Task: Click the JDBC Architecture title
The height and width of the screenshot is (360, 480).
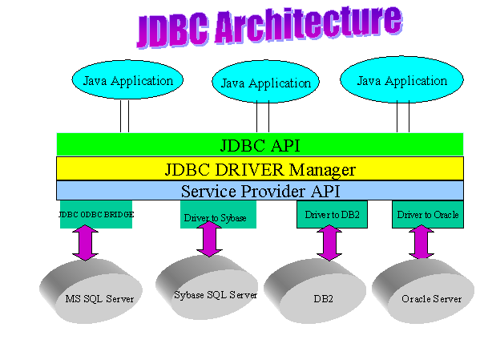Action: click(x=269, y=27)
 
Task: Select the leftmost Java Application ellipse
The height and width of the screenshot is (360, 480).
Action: click(x=127, y=79)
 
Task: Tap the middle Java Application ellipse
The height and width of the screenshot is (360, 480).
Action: click(x=266, y=82)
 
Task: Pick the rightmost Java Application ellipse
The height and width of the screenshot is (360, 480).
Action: click(x=401, y=79)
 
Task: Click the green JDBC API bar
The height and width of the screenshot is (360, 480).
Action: click(x=260, y=144)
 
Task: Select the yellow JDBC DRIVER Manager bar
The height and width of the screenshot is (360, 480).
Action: click(x=260, y=168)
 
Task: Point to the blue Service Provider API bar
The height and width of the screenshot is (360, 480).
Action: click(x=260, y=190)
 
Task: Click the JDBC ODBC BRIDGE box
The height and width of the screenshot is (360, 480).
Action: click(x=96, y=214)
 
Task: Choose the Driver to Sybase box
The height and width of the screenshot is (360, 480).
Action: click(x=218, y=214)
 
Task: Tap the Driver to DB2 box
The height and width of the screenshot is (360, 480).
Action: click(x=332, y=214)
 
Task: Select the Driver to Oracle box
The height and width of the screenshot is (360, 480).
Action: click(x=428, y=214)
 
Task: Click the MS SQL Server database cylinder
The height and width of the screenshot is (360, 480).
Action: click(x=91, y=291)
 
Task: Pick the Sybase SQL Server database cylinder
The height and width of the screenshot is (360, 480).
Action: click(x=207, y=287)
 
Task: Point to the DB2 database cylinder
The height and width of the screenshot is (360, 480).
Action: click(x=315, y=291)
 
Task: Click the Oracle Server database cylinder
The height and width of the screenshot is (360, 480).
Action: click(x=423, y=291)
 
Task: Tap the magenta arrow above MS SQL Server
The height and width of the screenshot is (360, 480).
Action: click(x=86, y=243)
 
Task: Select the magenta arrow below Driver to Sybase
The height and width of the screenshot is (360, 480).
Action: click(x=209, y=239)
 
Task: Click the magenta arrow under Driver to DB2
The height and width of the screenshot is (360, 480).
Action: click(x=329, y=243)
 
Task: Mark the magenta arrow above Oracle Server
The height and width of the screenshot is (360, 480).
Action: click(x=422, y=243)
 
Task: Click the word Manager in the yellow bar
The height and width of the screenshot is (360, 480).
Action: click(x=322, y=170)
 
